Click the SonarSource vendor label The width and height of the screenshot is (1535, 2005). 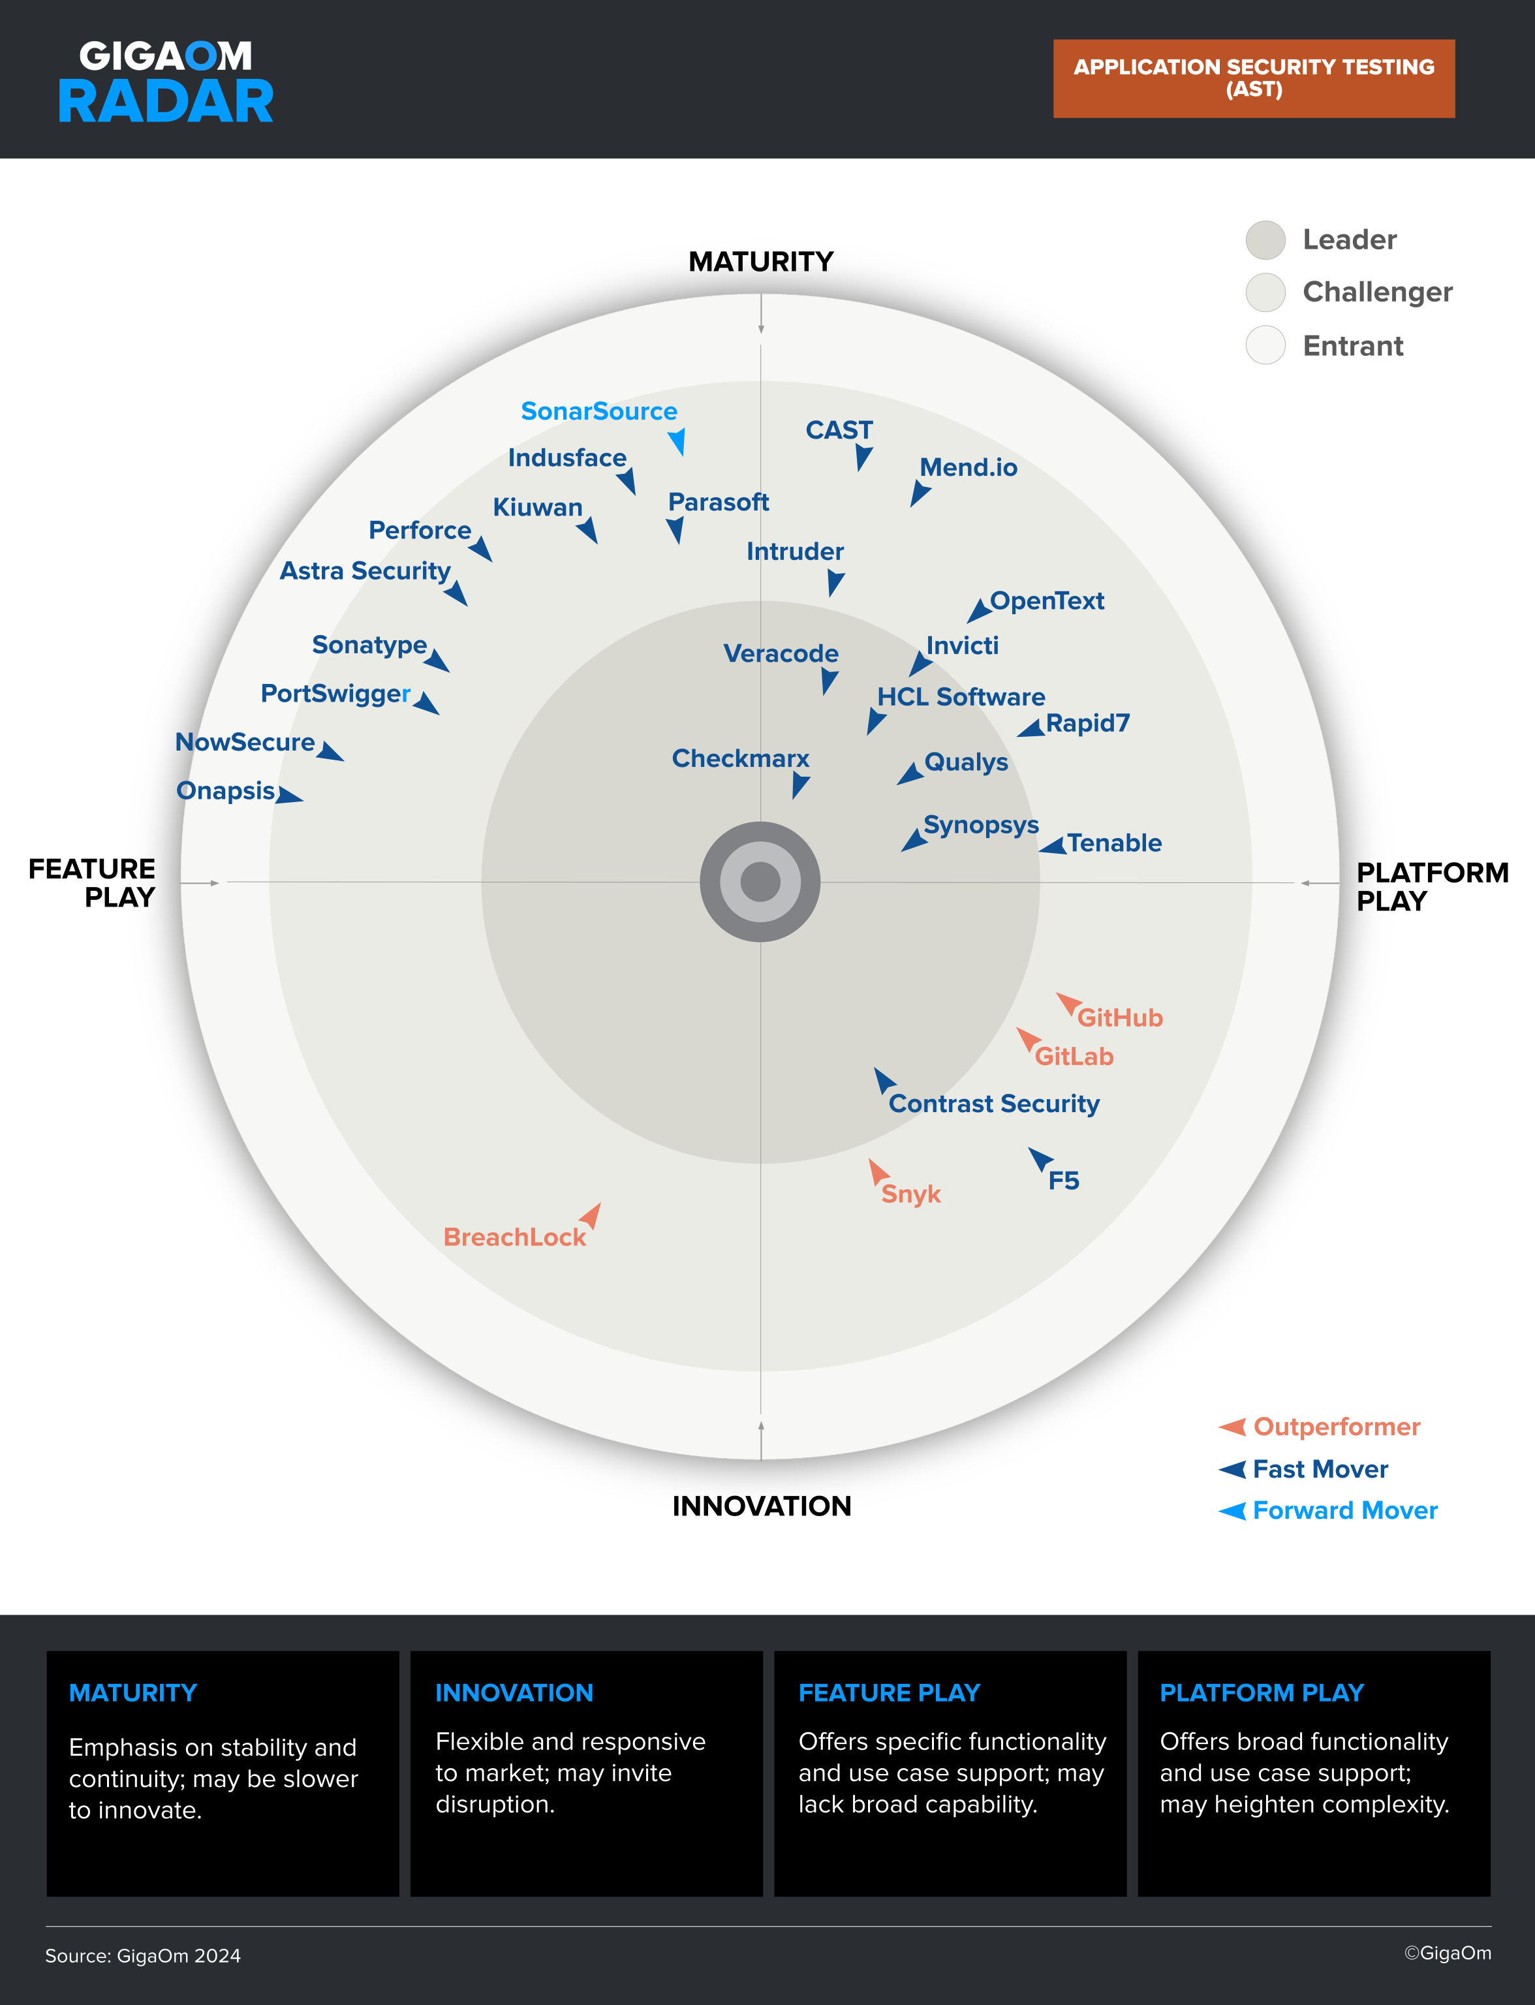pos(599,411)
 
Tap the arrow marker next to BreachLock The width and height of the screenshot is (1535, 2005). pos(591,1215)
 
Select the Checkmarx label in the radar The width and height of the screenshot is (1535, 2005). pos(740,758)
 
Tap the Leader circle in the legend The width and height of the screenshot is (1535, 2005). pos(1265,240)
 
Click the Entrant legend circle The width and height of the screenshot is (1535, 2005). pos(1265,345)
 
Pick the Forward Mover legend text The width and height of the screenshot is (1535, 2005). pos(1345,1511)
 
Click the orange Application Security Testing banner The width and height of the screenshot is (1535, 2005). pos(1254,78)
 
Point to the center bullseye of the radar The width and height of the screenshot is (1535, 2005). pos(760,882)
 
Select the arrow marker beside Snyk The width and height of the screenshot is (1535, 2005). pos(878,1171)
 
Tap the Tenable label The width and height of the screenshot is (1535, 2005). pos(1115,843)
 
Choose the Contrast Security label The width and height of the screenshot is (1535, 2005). pos(994,1104)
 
